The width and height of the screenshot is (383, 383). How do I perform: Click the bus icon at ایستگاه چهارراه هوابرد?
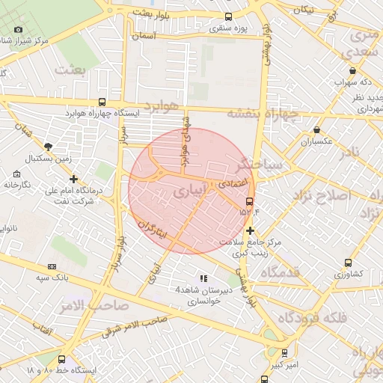pyautogui.click(x=102, y=102)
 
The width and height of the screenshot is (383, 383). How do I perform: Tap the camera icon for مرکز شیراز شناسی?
pyautogui.click(x=18, y=30)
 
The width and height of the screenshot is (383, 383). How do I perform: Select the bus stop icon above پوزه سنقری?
pyautogui.click(x=228, y=16)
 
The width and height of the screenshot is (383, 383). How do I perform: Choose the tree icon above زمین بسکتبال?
pyautogui.click(x=49, y=147)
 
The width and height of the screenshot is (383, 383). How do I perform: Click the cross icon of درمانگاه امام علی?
pyautogui.click(x=73, y=179)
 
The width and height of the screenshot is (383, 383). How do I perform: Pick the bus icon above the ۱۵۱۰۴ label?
pyautogui.click(x=249, y=200)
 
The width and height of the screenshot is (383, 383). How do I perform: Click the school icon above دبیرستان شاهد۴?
pyautogui.click(x=203, y=278)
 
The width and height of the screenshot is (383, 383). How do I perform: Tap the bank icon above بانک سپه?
pyautogui.click(x=52, y=266)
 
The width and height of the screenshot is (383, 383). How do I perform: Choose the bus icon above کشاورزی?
pyautogui.click(x=348, y=263)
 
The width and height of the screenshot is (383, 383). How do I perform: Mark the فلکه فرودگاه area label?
pyautogui.click(x=313, y=317)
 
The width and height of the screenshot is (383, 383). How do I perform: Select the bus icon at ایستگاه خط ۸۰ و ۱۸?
pyautogui.click(x=61, y=359)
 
